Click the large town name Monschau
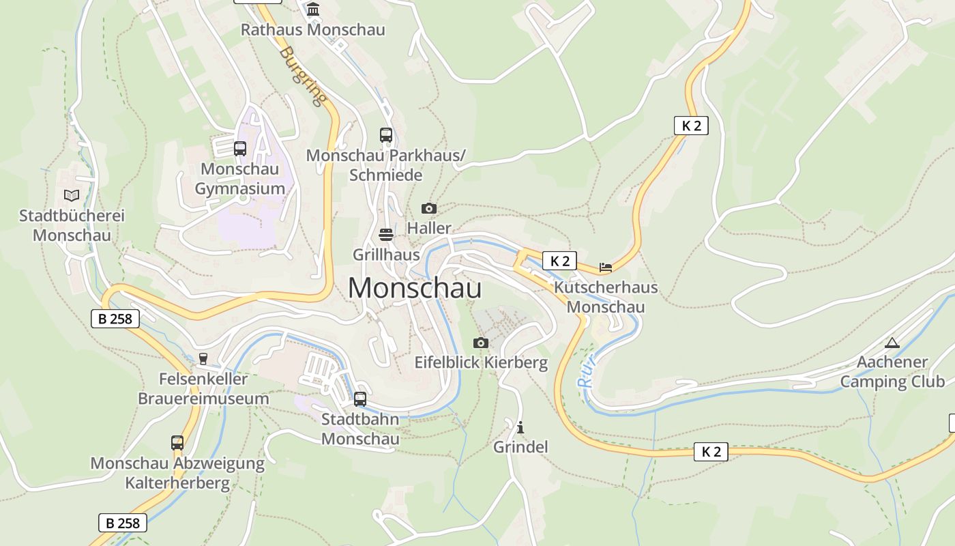[415, 288]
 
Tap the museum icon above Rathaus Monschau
[313, 9]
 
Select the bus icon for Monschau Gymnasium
[240, 148]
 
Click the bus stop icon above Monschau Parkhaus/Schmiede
[386, 135]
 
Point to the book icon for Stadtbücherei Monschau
[72, 196]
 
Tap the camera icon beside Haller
[429, 208]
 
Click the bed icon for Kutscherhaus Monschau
[606, 267]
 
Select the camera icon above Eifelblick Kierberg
[481, 343]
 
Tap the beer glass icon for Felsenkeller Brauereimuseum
[203, 359]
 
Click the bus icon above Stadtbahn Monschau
[360, 399]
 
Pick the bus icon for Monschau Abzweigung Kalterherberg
[177, 443]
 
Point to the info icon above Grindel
[520, 428]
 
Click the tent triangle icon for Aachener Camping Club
[892, 343]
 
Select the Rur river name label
[587, 372]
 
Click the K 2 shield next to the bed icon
[559, 261]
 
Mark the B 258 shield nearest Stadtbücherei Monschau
[115, 318]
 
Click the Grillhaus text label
[386, 255]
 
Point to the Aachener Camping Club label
[892, 371]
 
